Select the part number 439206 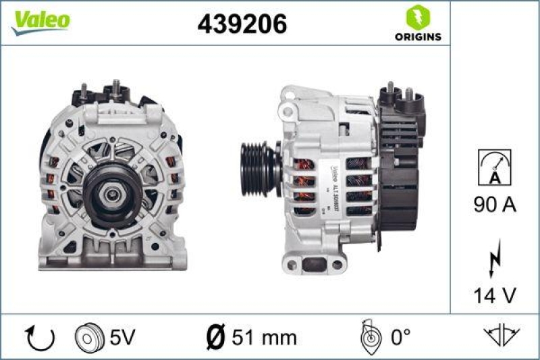click(242, 24)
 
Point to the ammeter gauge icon click(494, 167)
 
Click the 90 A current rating click(494, 205)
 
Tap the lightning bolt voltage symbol click(494, 258)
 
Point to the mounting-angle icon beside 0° click(369, 336)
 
